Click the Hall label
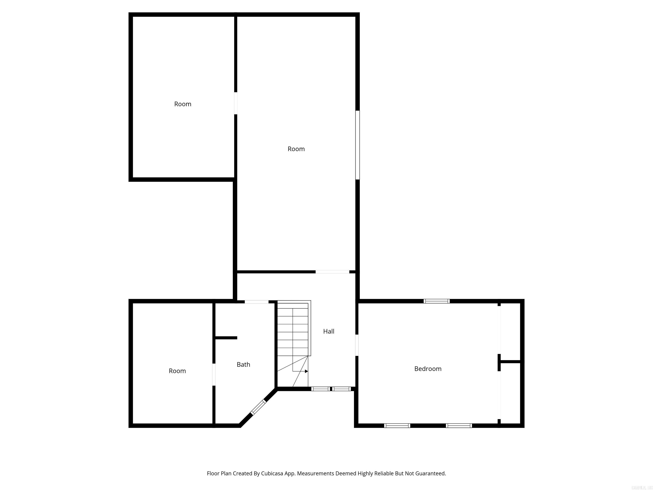coord(329,331)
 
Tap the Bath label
coord(243,365)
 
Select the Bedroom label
coord(428,369)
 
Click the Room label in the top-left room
coord(183,104)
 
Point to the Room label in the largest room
coord(296,149)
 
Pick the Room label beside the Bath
coord(177,371)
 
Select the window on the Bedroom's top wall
coord(437,301)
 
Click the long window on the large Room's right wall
coord(358,145)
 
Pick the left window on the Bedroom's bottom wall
coord(397,426)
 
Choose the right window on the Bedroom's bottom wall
coord(459,426)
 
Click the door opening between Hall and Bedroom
coord(357,345)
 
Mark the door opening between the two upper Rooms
coord(236,103)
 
